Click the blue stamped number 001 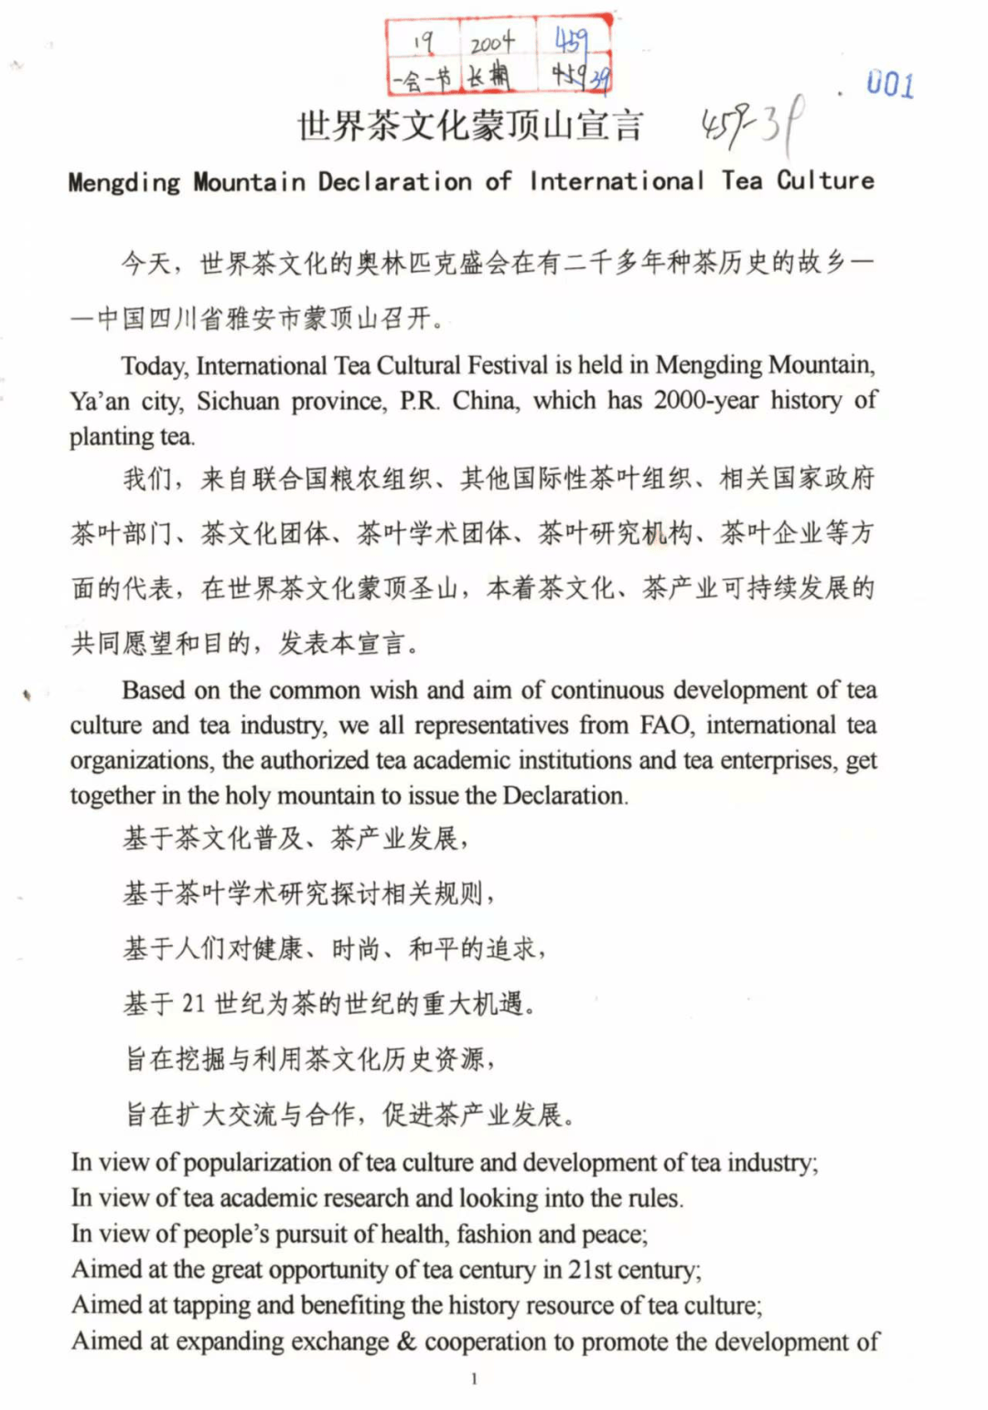click(889, 84)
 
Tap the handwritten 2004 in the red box click(492, 43)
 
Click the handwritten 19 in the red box click(422, 42)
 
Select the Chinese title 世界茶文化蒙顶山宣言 click(470, 126)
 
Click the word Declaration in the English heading click(394, 181)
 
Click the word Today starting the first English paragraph click(154, 366)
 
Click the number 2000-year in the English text click(705, 400)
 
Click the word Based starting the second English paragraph click(152, 690)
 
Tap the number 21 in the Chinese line click(193, 1004)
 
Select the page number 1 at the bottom click(474, 1379)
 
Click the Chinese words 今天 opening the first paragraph click(146, 264)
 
